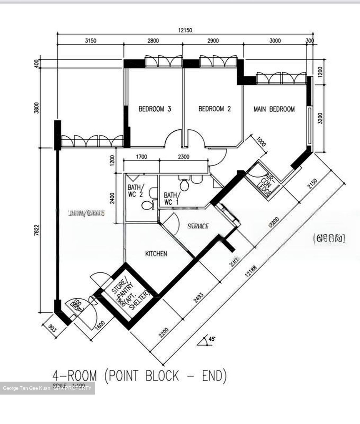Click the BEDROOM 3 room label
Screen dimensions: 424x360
click(x=155, y=109)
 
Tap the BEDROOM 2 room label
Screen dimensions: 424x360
click(x=214, y=109)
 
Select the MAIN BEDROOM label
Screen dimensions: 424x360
click(x=274, y=109)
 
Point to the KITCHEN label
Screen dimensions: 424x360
click(x=156, y=254)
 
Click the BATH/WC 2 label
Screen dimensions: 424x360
click(x=136, y=191)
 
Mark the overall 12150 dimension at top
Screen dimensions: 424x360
click(x=185, y=30)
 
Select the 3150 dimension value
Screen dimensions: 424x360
click(x=91, y=41)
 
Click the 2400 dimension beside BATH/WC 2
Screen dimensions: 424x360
click(x=112, y=198)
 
